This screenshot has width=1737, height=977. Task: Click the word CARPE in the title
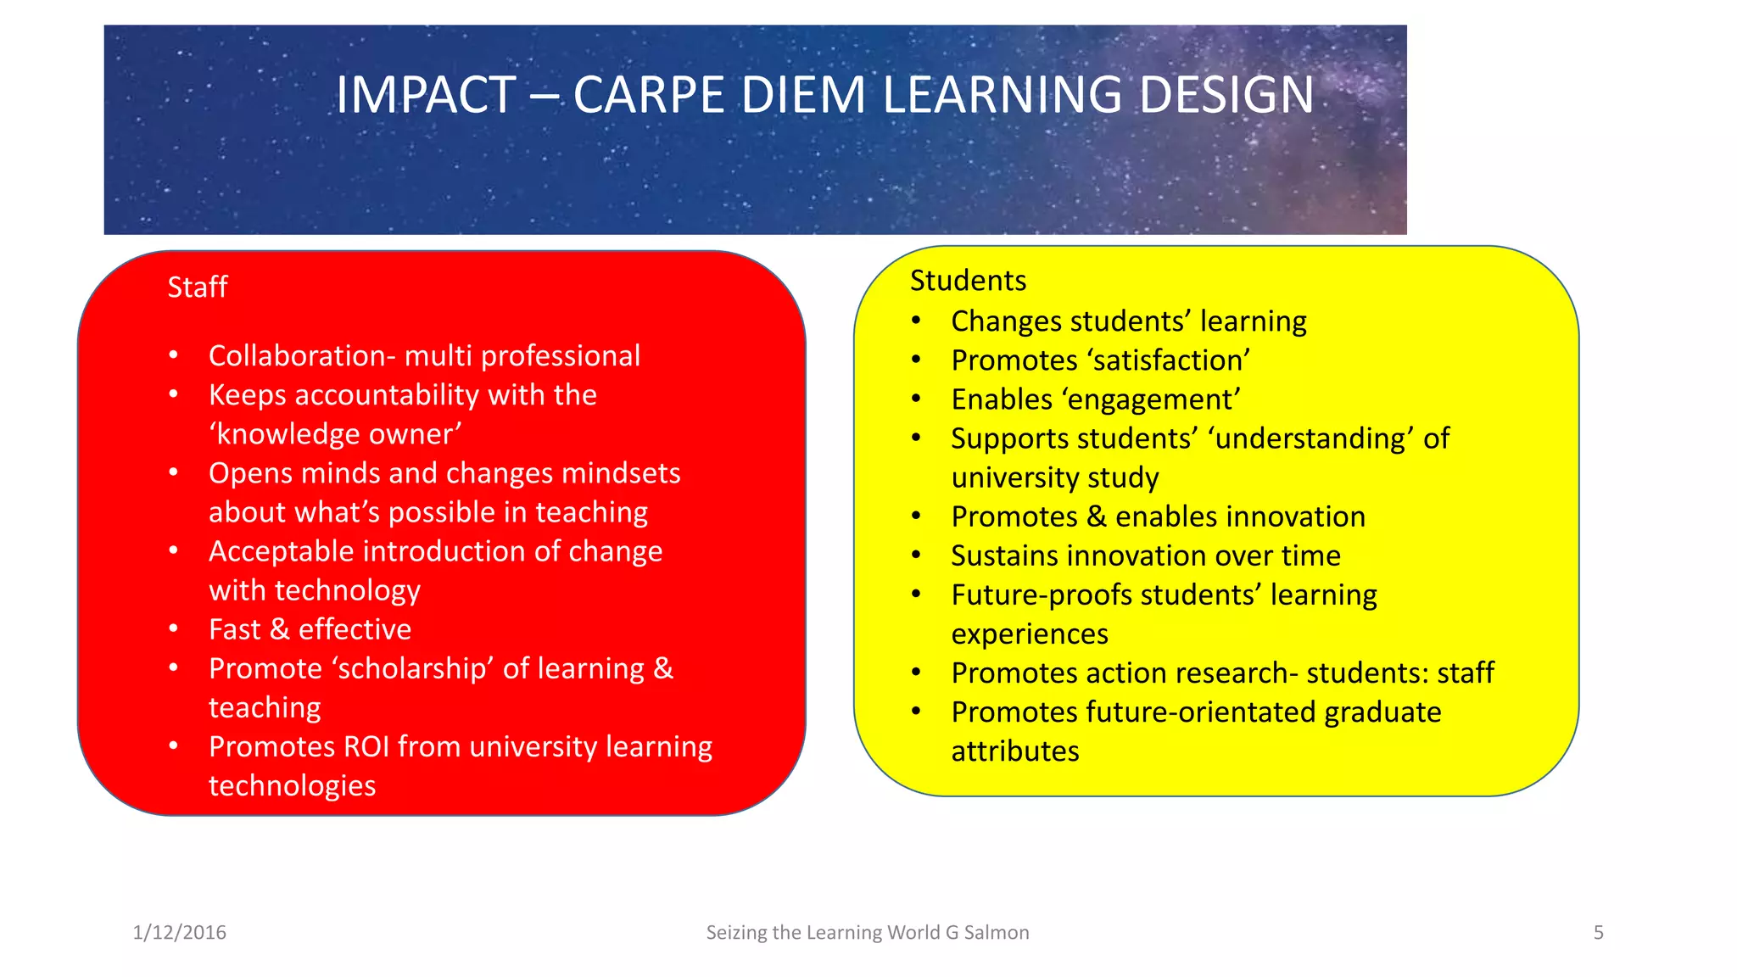pyautogui.click(x=648, y=94)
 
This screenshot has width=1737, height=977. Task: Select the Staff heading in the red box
pyautogui.click(x=197, y=288)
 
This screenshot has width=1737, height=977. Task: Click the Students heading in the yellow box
pyautogui.click(x=968, y=281)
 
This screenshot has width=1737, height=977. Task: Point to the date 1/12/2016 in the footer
pyautogui.click(x=180, y=932)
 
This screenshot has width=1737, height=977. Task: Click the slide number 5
pyautogui.click(x=1598, y=932)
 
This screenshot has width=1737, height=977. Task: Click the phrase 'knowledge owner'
pyautogui.click(x=335, y=434)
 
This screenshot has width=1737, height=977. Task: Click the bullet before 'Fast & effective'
pyautogui.click(x=174, y=629)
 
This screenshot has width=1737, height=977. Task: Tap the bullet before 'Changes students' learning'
pyautogui.click(x=916, y=321)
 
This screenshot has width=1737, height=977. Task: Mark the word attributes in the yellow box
pyautogui.click(x=1014, y=751)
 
